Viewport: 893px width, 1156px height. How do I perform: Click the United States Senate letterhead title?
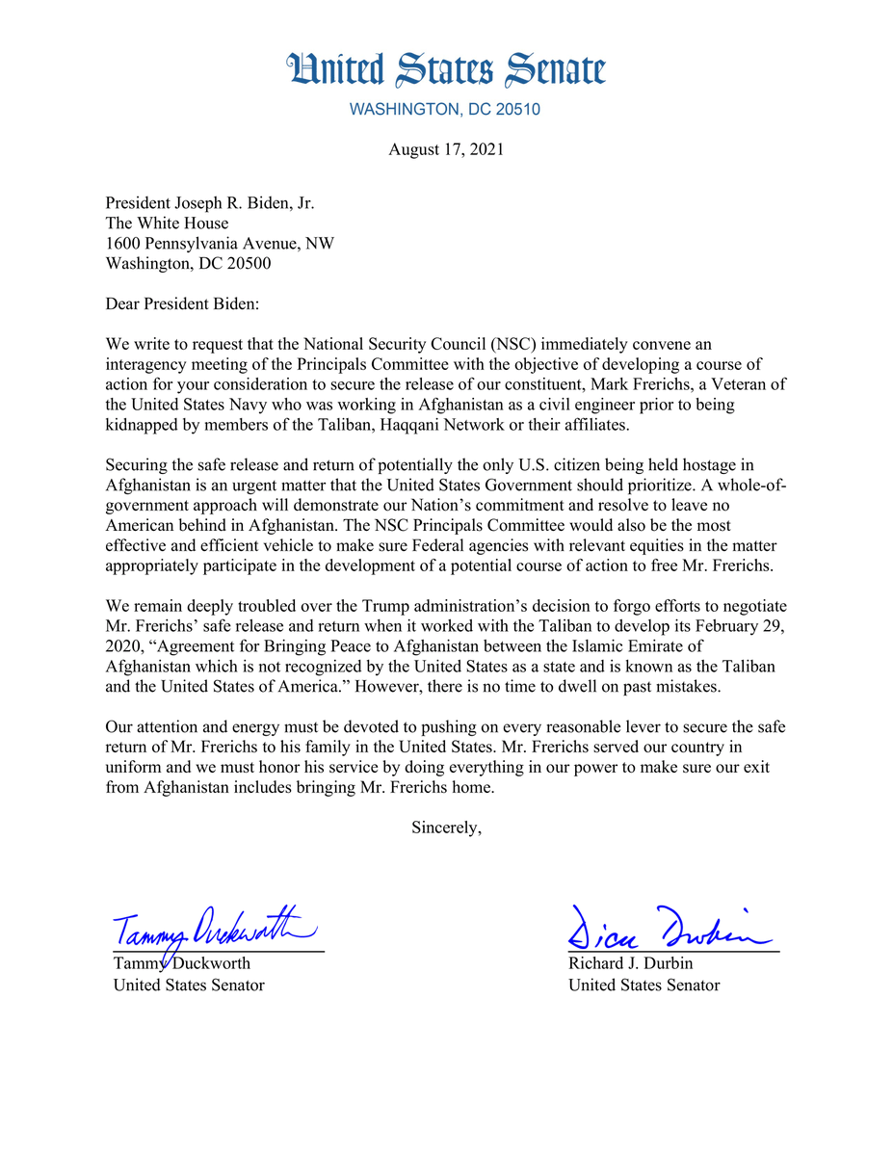tap(446, 70)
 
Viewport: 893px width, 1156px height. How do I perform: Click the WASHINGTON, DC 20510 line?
tap(445, 110)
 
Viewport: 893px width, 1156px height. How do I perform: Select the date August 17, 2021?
tap(446, 149)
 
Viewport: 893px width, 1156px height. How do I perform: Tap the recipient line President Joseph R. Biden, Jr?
tap(210, 203)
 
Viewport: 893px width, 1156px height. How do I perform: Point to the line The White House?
tap(168, 223)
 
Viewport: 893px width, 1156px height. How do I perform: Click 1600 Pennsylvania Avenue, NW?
tap(220, 244)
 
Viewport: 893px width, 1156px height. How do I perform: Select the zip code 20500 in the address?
tap(248, 264)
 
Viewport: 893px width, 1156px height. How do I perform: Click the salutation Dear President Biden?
tap(183, 303)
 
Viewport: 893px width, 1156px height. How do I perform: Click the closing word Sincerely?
tap(446, 827)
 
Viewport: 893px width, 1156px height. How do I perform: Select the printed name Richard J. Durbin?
tap(630, 963)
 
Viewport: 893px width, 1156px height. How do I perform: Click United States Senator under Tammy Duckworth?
tap(189, 985)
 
